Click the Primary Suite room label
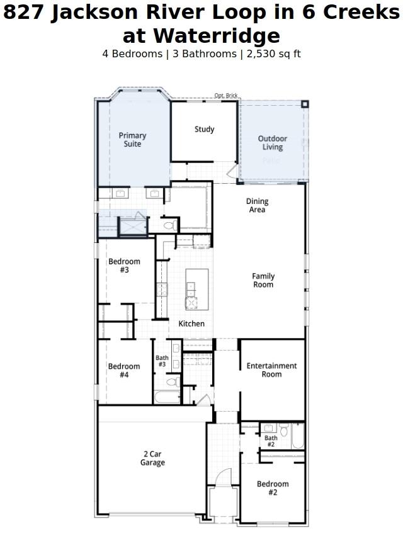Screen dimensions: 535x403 (132, 140)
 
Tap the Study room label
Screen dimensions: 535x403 (204, 129)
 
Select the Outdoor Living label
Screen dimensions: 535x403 (273, 143)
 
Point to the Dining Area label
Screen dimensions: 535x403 (257, 206)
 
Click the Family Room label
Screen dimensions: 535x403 (263, 280)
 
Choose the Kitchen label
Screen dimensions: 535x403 (191, 324)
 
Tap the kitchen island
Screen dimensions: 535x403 (196, 289)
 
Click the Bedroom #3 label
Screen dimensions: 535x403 (124, 266)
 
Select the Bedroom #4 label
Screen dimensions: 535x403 (124, 371)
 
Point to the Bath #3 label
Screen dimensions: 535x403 (162, 361)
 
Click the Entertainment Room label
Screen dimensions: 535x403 (271, 370)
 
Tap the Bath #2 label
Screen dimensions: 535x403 (271, 441)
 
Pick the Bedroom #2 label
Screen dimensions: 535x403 (273, 488)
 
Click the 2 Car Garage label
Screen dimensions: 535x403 (152, 458)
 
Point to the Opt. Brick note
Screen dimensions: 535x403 (226, 96)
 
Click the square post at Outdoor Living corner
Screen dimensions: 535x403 (304, 104)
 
